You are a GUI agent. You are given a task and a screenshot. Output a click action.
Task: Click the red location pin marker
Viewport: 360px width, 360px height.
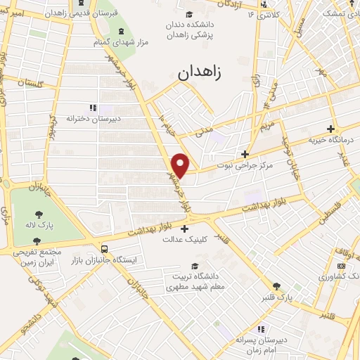(181, 165)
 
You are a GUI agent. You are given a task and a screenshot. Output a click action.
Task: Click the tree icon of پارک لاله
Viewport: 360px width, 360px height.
(35, 215)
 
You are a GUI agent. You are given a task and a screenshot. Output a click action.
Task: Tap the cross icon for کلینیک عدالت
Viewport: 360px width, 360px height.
(185, 229)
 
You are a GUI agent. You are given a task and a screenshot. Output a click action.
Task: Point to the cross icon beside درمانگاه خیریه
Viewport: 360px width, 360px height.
(331, 129)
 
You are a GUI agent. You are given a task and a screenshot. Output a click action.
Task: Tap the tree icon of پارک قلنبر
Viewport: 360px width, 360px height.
(276, 286)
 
